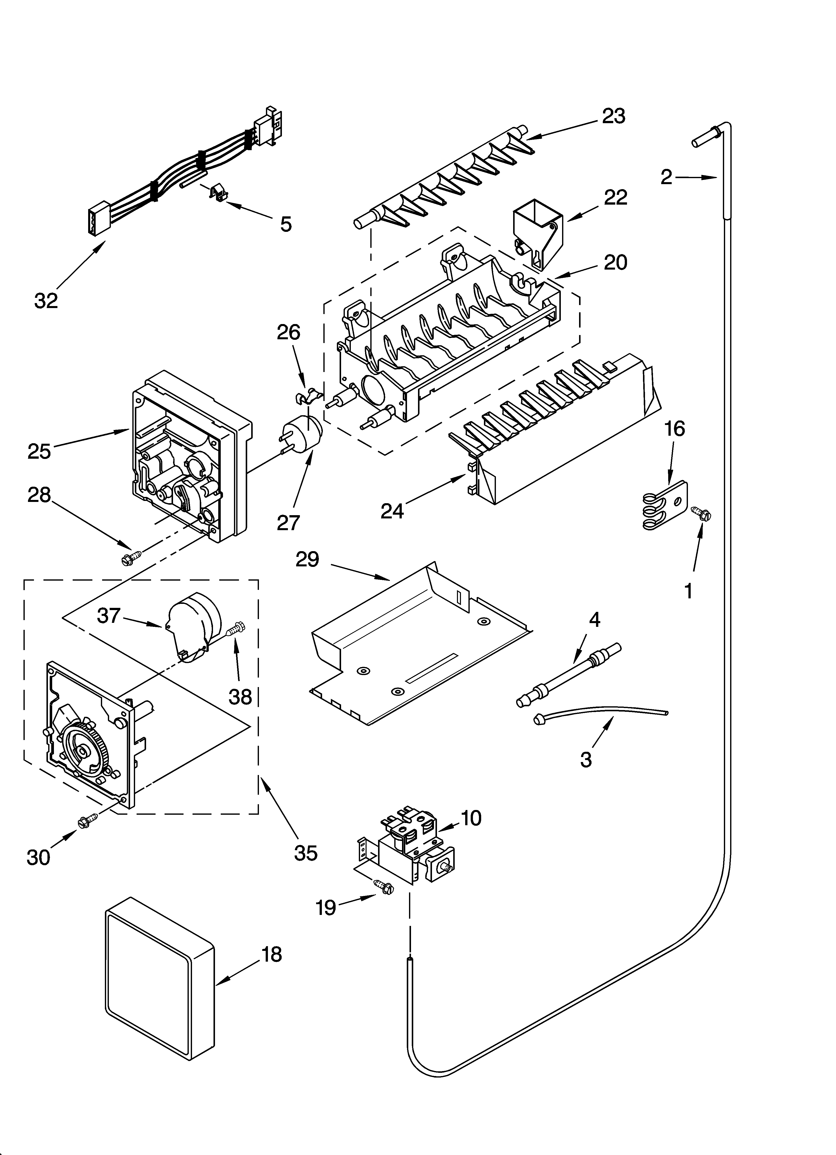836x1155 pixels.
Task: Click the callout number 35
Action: [x=305, y=853]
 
